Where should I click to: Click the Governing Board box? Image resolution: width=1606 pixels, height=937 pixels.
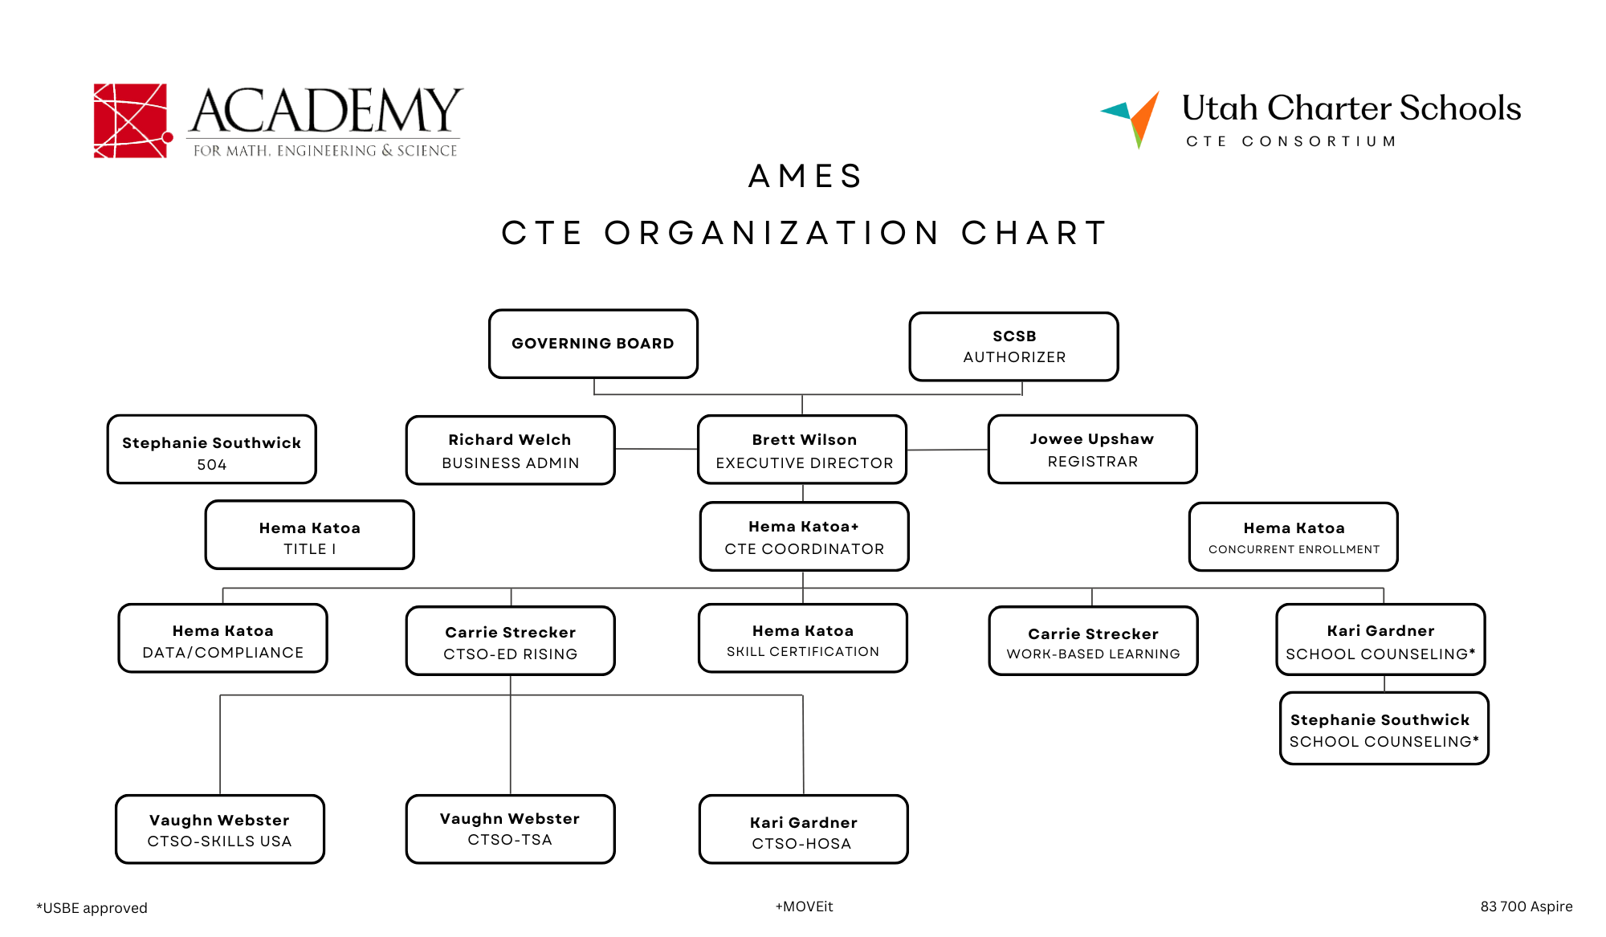[593, 344]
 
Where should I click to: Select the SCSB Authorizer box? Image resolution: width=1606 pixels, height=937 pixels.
[1014, 346]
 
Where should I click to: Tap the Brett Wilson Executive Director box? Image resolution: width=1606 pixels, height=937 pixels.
[803, 450]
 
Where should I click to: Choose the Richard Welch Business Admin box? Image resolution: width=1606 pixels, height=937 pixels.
[511, 450]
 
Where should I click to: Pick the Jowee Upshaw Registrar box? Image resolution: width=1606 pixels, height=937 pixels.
[1093, 450]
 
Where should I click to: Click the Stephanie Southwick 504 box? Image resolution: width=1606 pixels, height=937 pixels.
[212, 450]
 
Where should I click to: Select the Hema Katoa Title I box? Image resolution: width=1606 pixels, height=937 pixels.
[310, 535]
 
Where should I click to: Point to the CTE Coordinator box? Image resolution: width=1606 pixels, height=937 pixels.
[805, 536]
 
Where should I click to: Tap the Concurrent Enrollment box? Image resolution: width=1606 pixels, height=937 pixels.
[1294, 537]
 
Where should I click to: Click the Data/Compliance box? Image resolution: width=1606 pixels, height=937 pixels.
[223, 638]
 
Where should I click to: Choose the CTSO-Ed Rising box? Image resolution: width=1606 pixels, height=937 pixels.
[511, 641]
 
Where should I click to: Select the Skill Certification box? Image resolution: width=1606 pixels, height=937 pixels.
[803, 638]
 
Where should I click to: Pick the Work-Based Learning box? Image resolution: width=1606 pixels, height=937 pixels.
[1094, 641]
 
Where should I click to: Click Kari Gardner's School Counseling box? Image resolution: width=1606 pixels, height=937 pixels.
[1381, 640]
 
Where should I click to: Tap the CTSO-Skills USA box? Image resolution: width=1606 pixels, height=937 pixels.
[220, 829]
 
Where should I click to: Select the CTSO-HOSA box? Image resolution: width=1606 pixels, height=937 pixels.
[804, 829]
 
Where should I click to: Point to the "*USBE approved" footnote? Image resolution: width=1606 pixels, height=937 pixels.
[92, 908]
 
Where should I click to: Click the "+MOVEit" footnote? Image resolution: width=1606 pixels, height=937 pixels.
[804, 906]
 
